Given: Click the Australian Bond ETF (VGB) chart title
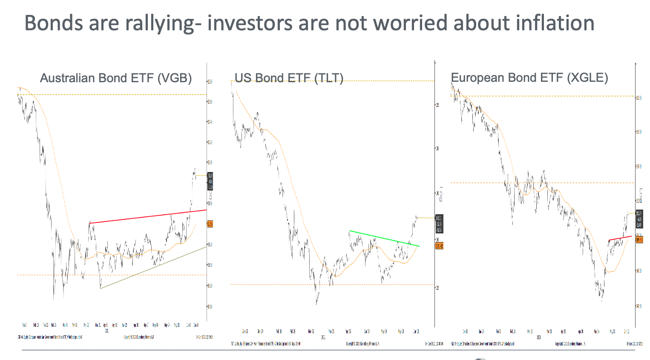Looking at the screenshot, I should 116,78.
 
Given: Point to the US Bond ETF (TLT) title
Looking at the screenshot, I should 289,78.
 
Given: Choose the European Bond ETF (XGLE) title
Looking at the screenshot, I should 529,78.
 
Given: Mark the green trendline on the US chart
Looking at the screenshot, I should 383,239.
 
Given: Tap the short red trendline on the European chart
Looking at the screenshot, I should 620,238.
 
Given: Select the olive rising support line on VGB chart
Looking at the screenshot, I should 153,268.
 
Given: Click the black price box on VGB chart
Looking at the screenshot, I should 210,181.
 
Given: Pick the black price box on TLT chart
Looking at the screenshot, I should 439,224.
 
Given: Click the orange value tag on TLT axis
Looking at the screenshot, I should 439,246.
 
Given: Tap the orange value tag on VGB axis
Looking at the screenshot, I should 210,224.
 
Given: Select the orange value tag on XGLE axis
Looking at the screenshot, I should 639,240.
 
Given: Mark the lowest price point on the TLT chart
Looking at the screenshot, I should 316,304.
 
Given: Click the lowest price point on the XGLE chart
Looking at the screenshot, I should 601,301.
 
